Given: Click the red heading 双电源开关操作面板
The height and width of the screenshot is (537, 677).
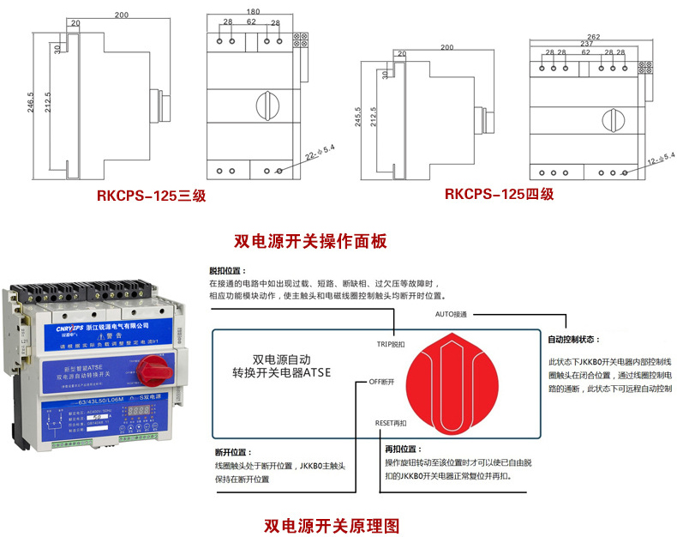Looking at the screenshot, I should [311, 241].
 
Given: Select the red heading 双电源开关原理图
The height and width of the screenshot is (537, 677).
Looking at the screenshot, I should [332, 523].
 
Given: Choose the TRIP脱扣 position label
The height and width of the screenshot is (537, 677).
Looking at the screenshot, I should [391, 344].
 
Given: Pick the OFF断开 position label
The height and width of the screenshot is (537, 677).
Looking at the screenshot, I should [381, 381].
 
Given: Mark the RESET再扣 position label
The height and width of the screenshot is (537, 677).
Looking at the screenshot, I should [391, 423].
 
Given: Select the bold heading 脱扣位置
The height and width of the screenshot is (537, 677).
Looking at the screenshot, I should [225, 270].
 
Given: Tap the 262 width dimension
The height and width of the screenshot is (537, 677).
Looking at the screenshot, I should [593, 36].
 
